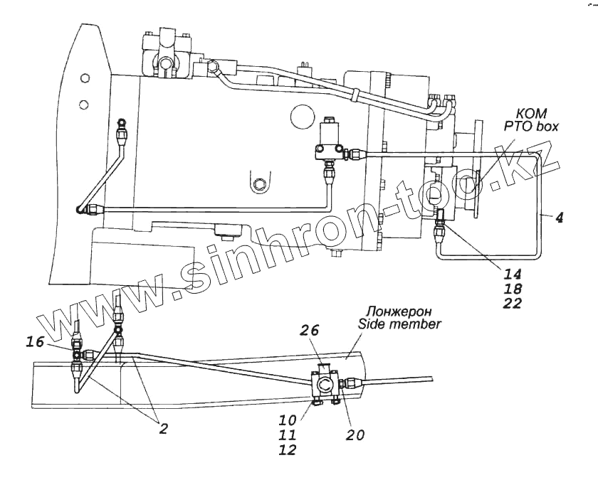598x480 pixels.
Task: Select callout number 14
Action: (512, 274)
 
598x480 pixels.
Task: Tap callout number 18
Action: (512, 289)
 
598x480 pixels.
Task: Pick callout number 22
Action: (512, 304)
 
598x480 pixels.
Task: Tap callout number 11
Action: (288, 435)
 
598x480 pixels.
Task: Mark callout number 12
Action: (288, 449)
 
